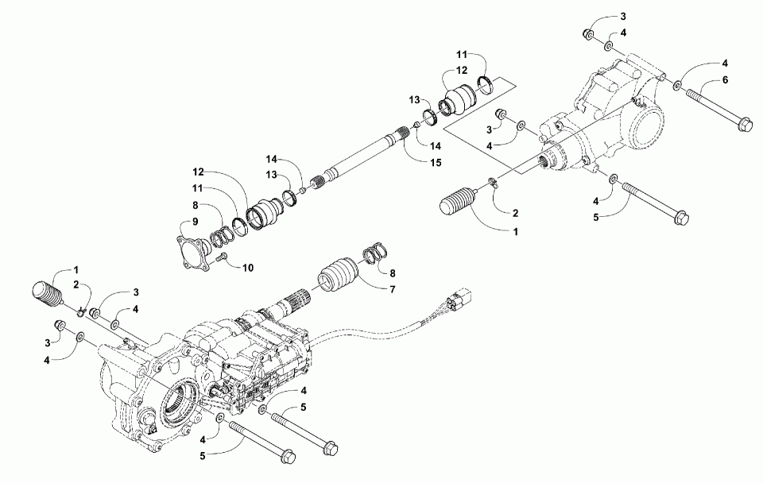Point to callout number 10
(x=249, y=268)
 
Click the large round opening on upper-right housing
(x=645, y=127)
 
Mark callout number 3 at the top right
(x=623, y=16)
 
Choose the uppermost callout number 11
(x=461, y=55)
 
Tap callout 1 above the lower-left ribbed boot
(x=77, y=269)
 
